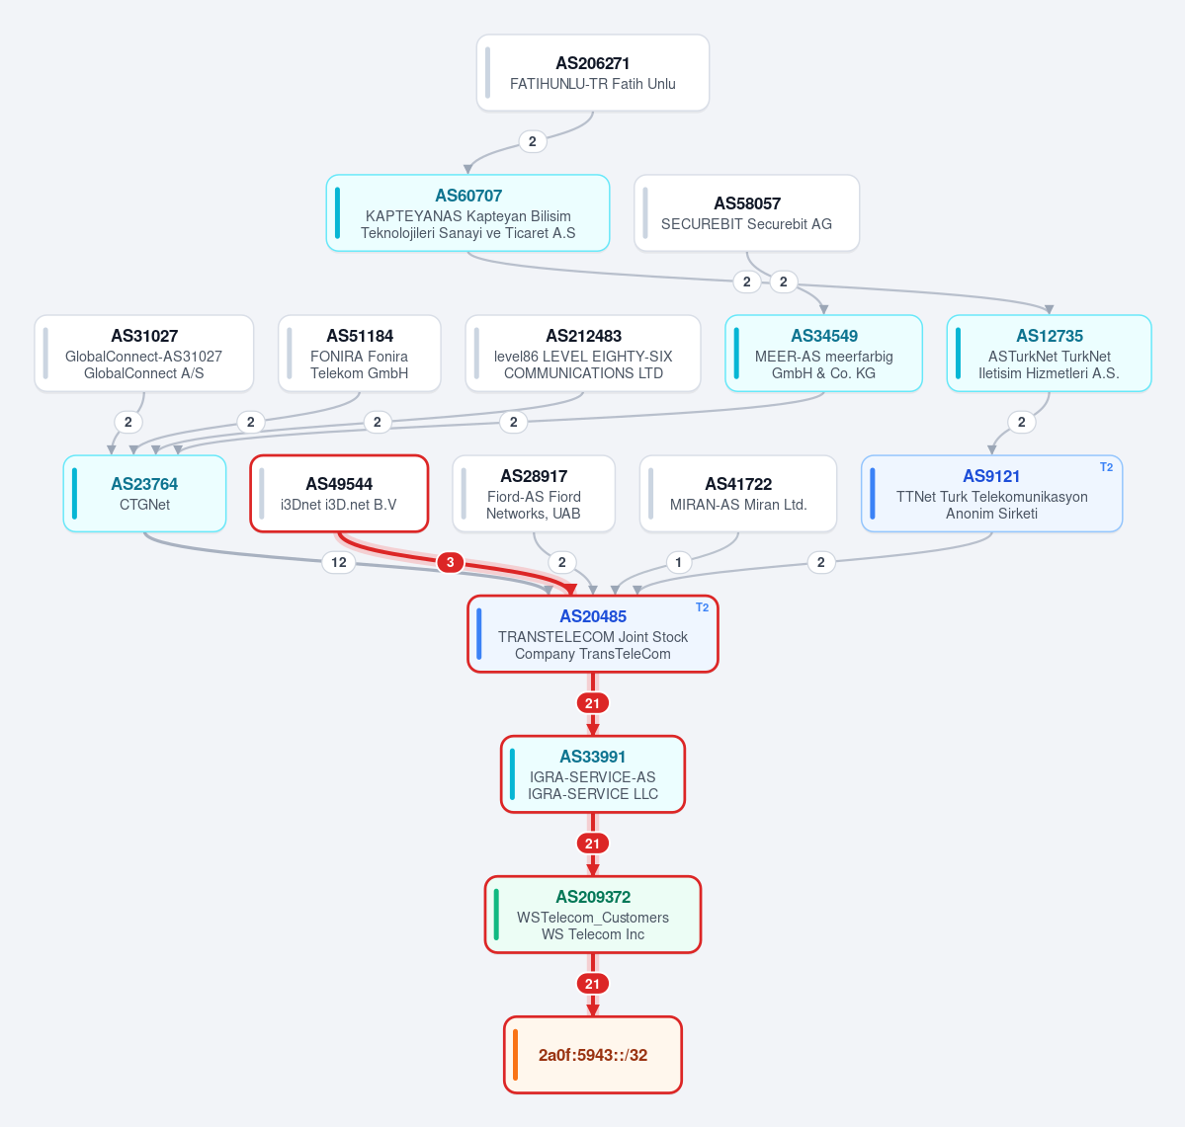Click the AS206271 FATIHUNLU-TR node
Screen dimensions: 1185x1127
pos(593,72)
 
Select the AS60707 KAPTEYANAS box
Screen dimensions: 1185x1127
pos(467,213)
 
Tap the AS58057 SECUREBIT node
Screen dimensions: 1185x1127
pos(746,213)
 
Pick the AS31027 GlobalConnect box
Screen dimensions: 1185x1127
pos(143,354)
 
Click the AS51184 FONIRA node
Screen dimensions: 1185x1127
pos(360,354)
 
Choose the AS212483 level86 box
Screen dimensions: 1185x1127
pos(583,354)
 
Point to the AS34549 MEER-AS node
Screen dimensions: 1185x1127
pos(823,354)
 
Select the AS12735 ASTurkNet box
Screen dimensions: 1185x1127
pos(1049,354)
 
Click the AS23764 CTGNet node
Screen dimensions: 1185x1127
pos(144,493)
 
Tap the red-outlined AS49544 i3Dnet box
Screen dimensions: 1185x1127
pos(339,493)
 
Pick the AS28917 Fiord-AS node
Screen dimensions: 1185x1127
pos(534,493)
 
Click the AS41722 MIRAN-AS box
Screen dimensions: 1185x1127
pos(738,493)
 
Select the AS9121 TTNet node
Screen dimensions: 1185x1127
pos(991,493)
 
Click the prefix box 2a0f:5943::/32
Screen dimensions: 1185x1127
pos(593,1055)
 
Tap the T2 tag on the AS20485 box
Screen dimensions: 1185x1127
pos(702,607)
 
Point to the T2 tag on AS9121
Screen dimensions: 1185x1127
pos(1106,467)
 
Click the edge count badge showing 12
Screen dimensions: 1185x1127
pos(339,562)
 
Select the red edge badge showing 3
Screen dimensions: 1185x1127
pos(451,562)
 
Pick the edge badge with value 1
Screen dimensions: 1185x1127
pos(679,562)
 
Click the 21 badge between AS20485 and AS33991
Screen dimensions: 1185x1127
pos(593,703)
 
